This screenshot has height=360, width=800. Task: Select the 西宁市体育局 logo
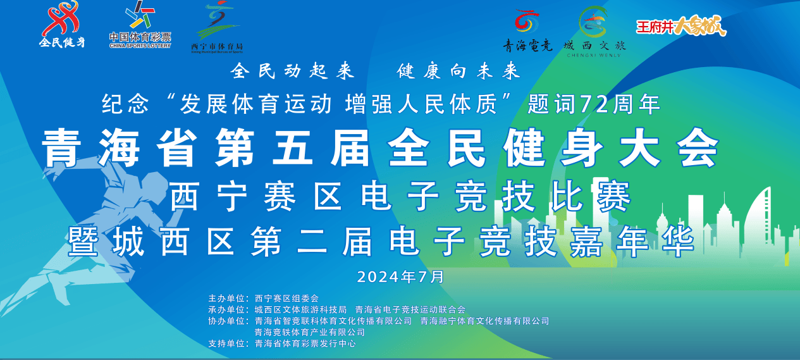(x=217, y=28)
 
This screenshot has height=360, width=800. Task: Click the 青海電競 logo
(x=527, y=30)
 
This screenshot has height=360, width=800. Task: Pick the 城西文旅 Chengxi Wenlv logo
(x=594, y=30)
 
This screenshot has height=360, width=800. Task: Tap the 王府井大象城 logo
(x=681, y=27)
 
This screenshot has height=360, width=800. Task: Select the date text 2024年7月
(x=400, y=277)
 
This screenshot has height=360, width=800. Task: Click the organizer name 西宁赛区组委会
(x=286, y=298)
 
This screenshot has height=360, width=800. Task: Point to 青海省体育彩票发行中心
(x=305, y=344)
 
